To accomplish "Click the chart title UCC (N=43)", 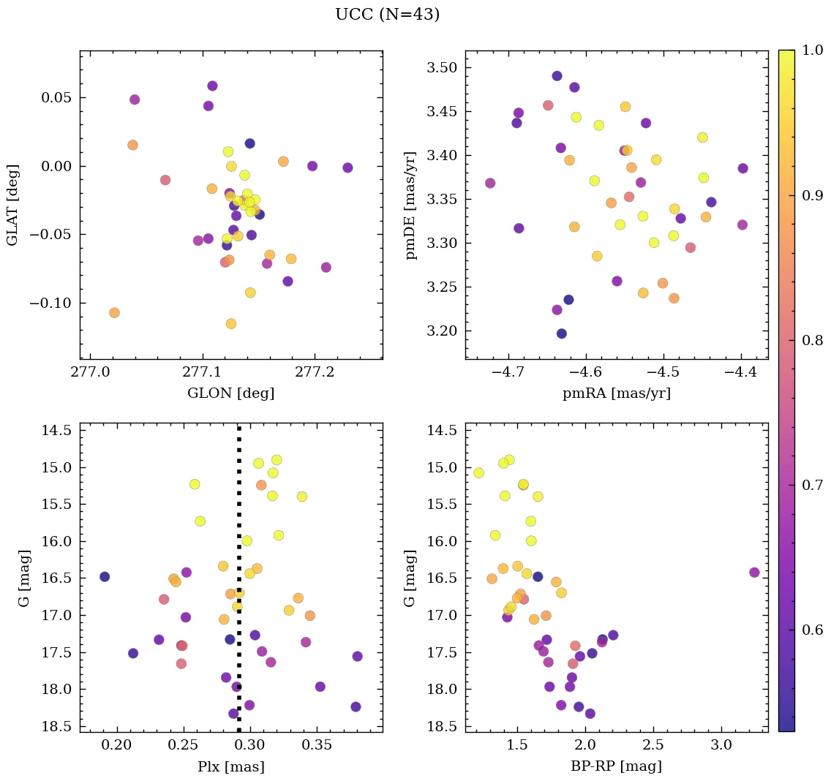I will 387,15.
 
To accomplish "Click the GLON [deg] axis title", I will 230,393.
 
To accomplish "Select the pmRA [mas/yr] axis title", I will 616,393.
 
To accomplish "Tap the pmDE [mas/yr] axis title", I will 412,205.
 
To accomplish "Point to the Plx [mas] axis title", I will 230,767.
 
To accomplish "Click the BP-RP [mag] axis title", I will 616,767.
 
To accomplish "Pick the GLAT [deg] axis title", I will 12,205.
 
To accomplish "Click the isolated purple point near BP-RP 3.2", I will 754,573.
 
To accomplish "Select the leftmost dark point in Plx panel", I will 105,577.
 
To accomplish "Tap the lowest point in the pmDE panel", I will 562,333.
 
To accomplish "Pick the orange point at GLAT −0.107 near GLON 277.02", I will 114,313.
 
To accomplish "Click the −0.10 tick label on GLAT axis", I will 50,303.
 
